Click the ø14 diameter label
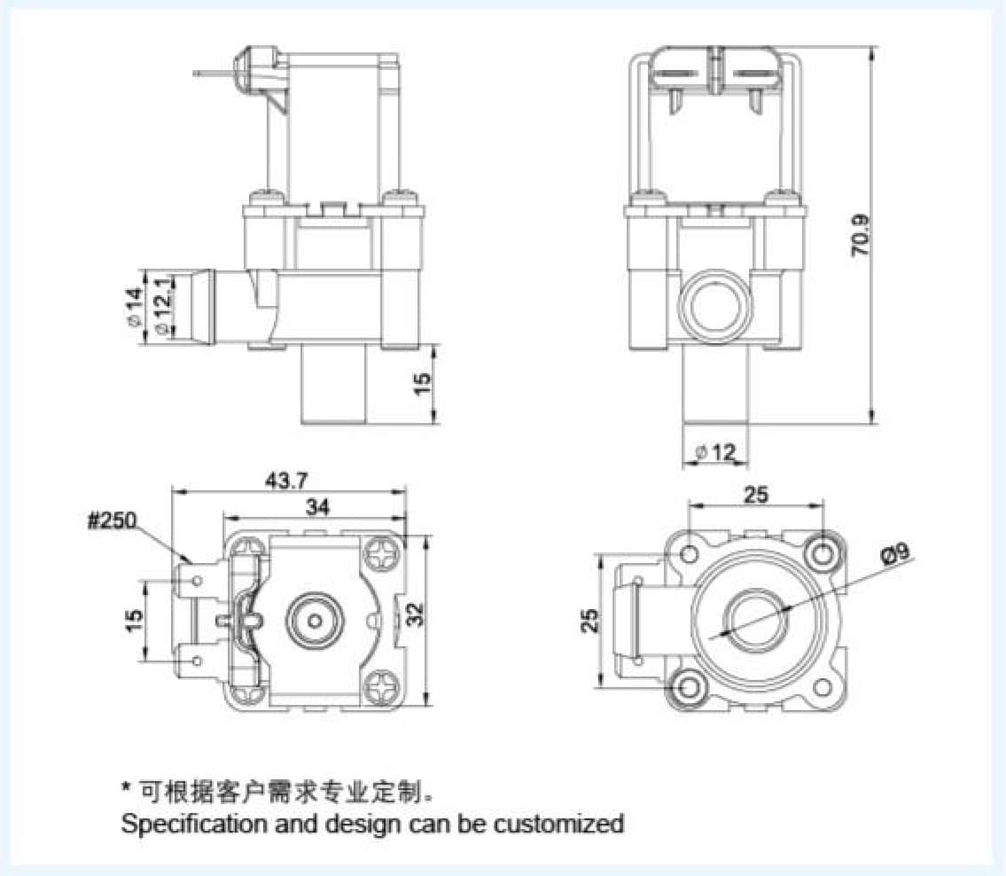tap(133, 307)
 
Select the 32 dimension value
tap(416, 615)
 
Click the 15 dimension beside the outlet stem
tap(423, 382)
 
